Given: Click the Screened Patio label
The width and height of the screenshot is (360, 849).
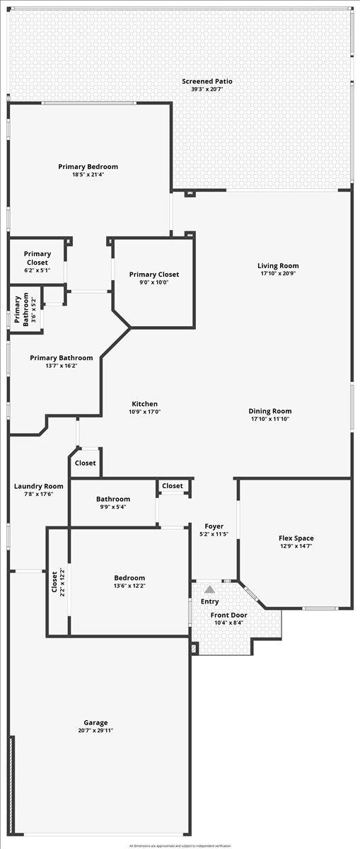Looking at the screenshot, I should (x=207, y=81).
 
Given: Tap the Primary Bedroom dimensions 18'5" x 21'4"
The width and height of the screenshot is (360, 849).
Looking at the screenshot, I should (x=88, y=175).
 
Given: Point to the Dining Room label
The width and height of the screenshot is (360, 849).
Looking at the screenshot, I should (x=269, y=411).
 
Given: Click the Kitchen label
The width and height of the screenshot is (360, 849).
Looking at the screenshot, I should (x=144, y=404).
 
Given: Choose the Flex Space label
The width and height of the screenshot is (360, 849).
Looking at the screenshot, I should (x=296, y=538).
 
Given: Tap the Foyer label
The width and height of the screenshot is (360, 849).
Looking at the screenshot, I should (x=214, y=526).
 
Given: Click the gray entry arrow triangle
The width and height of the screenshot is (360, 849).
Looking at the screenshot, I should (x=209, y=589).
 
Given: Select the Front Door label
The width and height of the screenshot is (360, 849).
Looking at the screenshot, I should (x=228, y=615).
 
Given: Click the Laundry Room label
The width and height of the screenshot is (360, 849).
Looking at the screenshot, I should (x=39, y=486).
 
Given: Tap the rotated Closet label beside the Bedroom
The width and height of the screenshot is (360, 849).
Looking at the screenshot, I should (x=54, y=582).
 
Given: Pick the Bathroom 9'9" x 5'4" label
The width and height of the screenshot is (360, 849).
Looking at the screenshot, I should (x=113, y=499).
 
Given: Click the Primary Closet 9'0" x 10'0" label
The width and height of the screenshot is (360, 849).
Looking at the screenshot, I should (x=153, y=275).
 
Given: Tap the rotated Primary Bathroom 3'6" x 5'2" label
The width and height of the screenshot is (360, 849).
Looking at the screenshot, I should (x=18, y=309).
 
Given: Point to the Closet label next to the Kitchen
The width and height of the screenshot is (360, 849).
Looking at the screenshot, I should (x=86, y=463).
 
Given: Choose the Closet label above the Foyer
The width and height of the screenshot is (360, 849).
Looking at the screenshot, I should (x=173, y=486).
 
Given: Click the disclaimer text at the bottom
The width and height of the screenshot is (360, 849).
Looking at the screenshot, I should (x=180, y=845).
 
